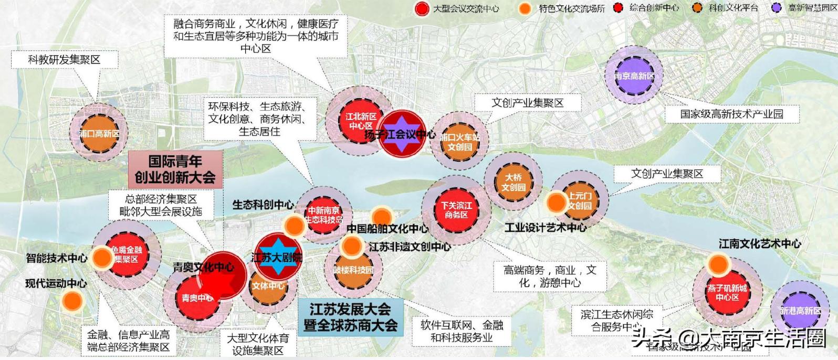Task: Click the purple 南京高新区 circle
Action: pyautogui.click(x=634, y=76)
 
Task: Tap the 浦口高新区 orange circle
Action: pyautogui.click(x=99, y=133)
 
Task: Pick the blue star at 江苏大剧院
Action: pyautogui.click(x=277, y=257)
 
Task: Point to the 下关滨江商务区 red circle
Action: pyautogui.click(x=456, y=210)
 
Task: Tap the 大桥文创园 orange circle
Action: pyautogui.click(x=513, y=182)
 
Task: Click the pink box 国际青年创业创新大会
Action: pyautogui.click(x=175, y=169)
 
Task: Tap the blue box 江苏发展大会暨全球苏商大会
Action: pyautogui.click(x=350, y=317)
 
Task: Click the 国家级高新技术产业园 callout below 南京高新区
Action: pyautogui.click(x=731, y=114)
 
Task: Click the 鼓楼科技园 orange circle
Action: pyautogui.click(x=353, y=270)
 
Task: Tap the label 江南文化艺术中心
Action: pyautogui.click(x=759, y=243)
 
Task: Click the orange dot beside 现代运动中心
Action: pyautogui.click(x=72, y=301)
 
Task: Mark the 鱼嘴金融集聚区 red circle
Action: pyautogui.click(x=126, y=255)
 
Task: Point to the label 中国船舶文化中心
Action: pyautogui.click(x=387, y=229)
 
